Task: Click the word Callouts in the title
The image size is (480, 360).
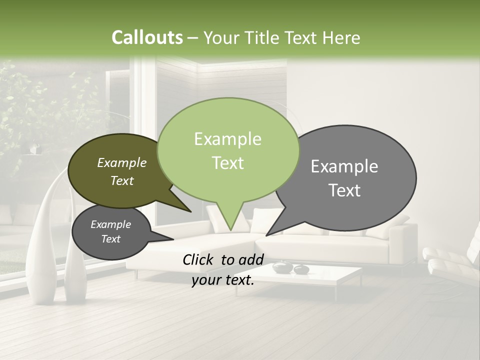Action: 147,37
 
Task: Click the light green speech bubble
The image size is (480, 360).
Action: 228,150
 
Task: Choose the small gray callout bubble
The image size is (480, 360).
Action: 111,232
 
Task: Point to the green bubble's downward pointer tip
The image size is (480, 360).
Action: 230,231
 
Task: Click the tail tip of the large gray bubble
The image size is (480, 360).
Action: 266,235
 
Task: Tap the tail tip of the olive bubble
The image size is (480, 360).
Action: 191,211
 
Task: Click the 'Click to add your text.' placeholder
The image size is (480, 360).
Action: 223,270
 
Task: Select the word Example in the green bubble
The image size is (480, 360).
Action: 227,139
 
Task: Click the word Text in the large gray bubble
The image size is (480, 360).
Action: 344,190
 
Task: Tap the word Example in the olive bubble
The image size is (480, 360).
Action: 122,163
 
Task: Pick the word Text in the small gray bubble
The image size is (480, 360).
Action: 111,239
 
